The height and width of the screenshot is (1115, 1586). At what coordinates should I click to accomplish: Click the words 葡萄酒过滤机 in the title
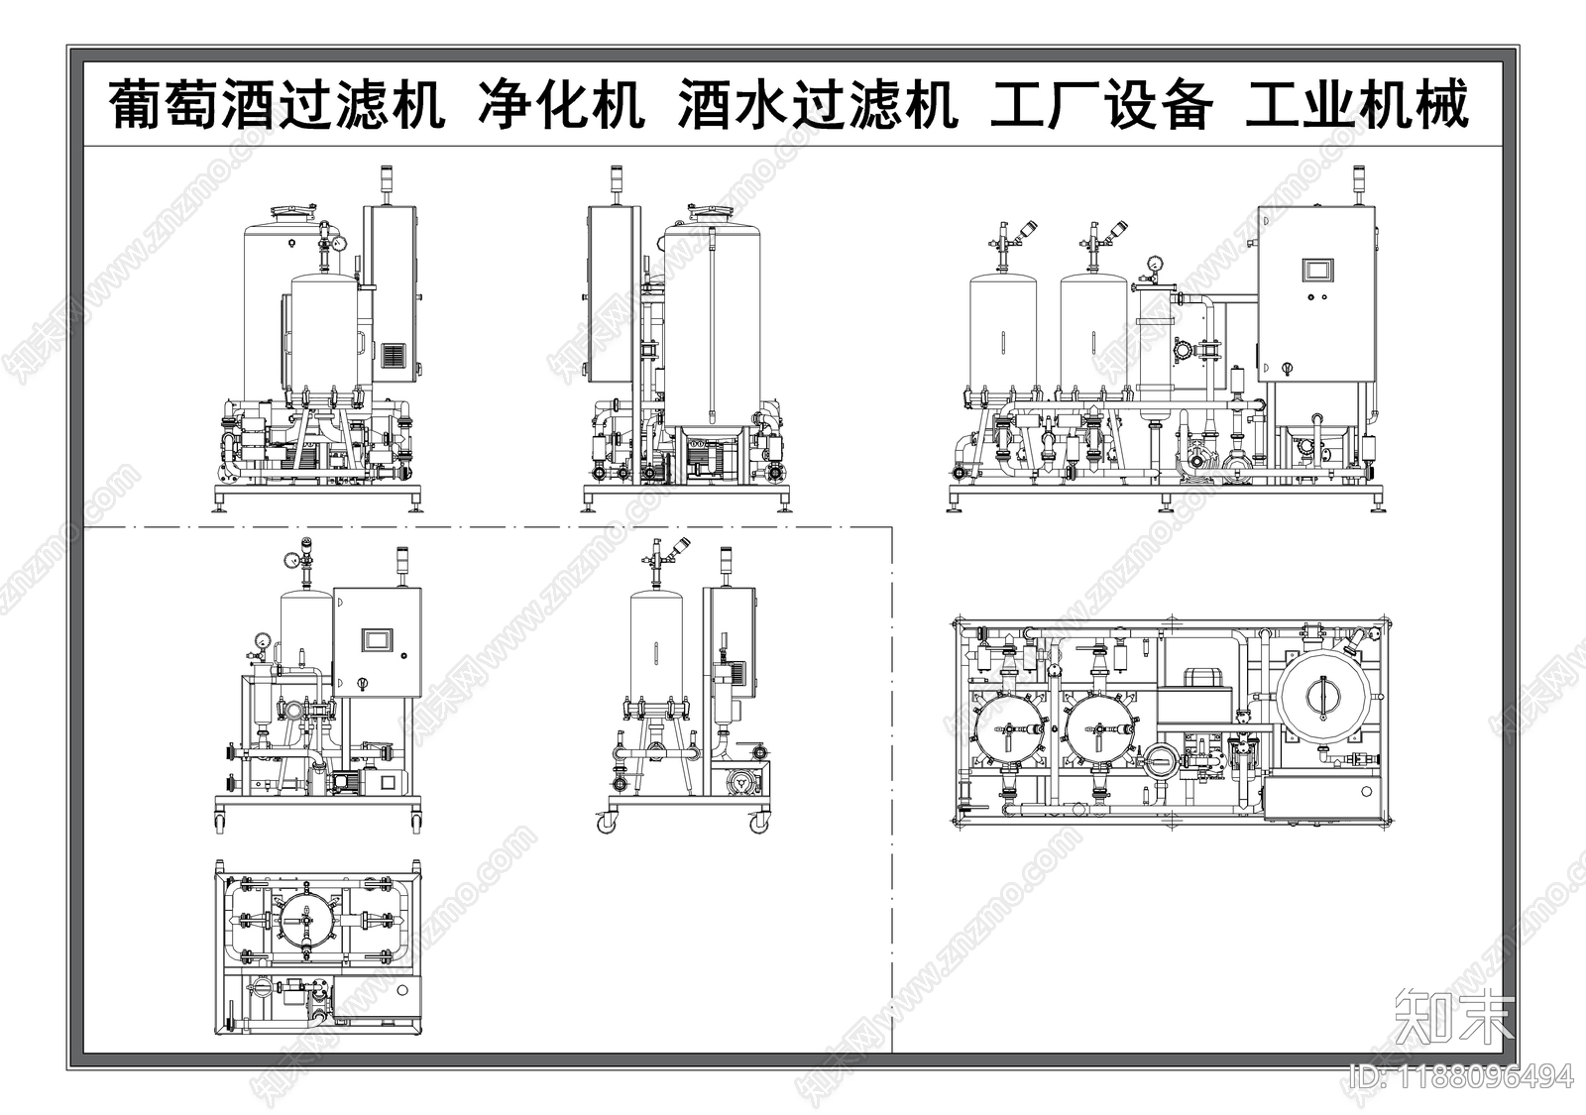[276, 104]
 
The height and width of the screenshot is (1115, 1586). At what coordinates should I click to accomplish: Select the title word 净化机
[561, 104]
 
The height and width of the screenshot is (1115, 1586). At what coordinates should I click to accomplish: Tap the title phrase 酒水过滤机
[818, 104]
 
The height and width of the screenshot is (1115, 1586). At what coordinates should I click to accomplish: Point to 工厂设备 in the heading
[1101, 104]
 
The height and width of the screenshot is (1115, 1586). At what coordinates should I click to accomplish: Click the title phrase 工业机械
[1356, 104]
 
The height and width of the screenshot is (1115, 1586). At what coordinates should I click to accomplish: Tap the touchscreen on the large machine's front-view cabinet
[1317, 270]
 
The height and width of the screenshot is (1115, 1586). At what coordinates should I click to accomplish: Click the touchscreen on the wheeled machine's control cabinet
[377, 639]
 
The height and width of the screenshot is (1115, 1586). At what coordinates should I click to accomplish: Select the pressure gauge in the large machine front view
[1155, 263]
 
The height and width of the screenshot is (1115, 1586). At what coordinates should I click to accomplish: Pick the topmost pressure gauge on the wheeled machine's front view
[292, 559]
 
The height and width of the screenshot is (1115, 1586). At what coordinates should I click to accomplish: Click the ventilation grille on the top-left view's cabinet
[395, 355]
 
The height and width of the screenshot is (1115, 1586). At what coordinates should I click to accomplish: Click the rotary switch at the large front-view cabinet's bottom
[1287, 368]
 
